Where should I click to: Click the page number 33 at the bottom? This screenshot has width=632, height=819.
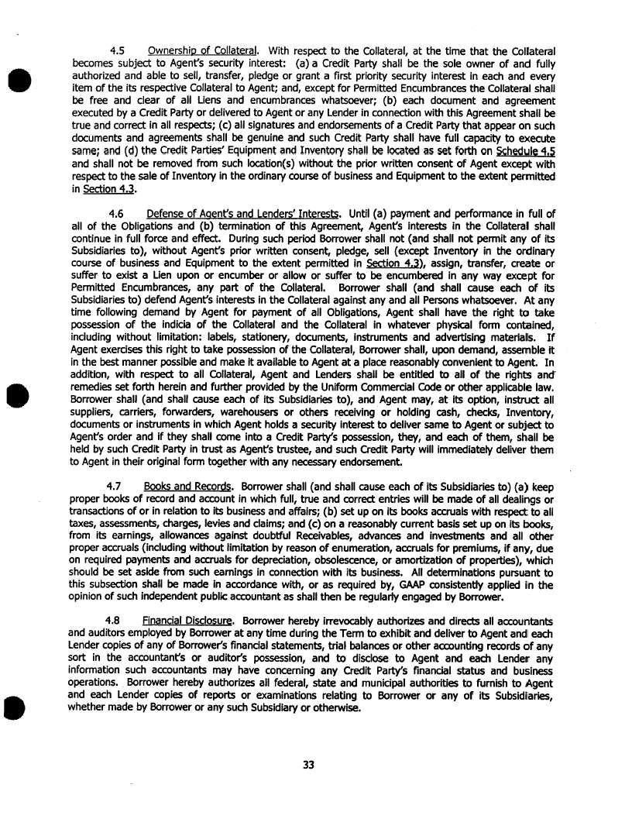tap(309, 765)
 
